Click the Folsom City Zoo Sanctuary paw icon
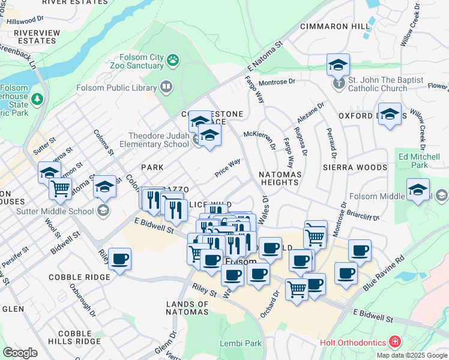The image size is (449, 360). point(173,59)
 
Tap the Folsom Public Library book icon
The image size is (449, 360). point(166,88)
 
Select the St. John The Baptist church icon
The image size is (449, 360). point(339,83)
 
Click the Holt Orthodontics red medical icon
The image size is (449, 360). point(395,343)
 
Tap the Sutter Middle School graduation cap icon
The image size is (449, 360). point(103,211)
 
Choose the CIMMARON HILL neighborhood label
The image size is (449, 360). point(335,26)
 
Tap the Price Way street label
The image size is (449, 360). point(228,168)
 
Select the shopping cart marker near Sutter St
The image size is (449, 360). point(61,188)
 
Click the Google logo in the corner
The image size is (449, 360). point(20,352)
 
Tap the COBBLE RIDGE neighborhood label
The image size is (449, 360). point(79,277)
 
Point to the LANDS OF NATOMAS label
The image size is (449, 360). point(187,308)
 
